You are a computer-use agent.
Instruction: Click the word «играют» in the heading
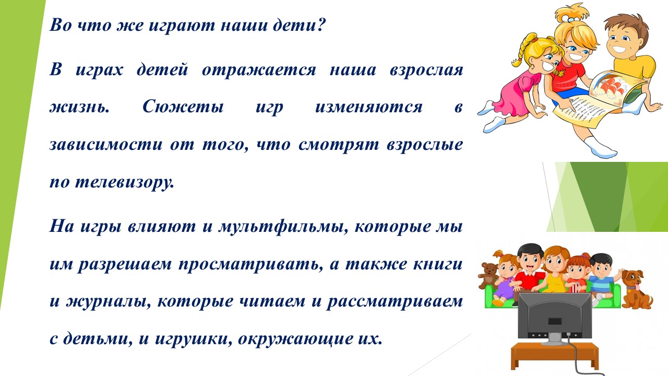coord(182,26)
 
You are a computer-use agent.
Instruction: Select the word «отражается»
coord(258,70)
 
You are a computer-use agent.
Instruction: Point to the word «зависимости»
coord(106,145)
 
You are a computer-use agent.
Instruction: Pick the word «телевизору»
coord(124,182)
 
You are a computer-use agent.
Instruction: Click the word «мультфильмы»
coord(283,227)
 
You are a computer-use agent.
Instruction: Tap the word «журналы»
coord(108,302)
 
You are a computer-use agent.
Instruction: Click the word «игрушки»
coord(193,339)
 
